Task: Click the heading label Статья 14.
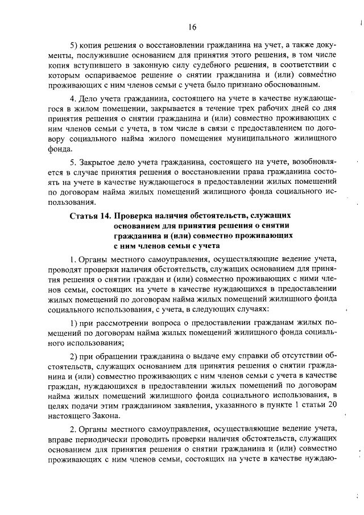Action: click(89, 216)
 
